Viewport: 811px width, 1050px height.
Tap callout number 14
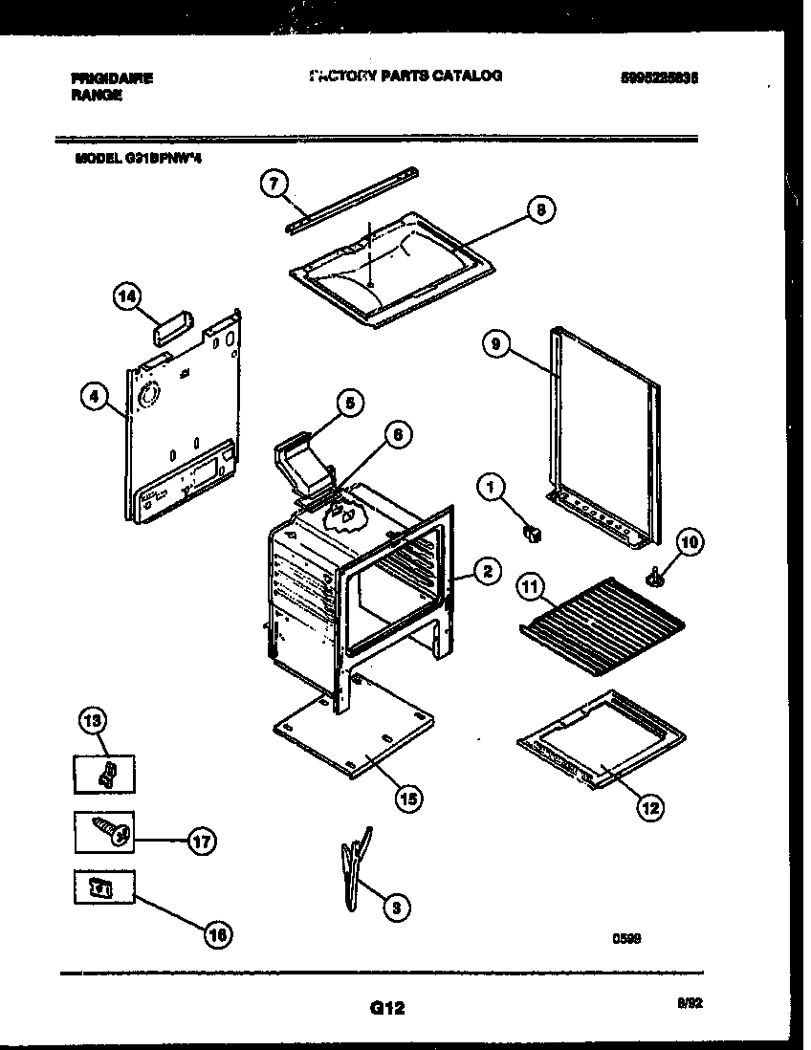pos(126,297)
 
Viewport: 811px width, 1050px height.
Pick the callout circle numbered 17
pos(203,842)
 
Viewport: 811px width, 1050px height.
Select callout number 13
pos(95,721)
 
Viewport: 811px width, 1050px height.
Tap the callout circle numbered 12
pos(649,808)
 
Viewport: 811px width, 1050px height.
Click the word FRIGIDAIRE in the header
pos(112,78)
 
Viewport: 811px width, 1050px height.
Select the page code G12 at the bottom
pos(386,1007)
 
